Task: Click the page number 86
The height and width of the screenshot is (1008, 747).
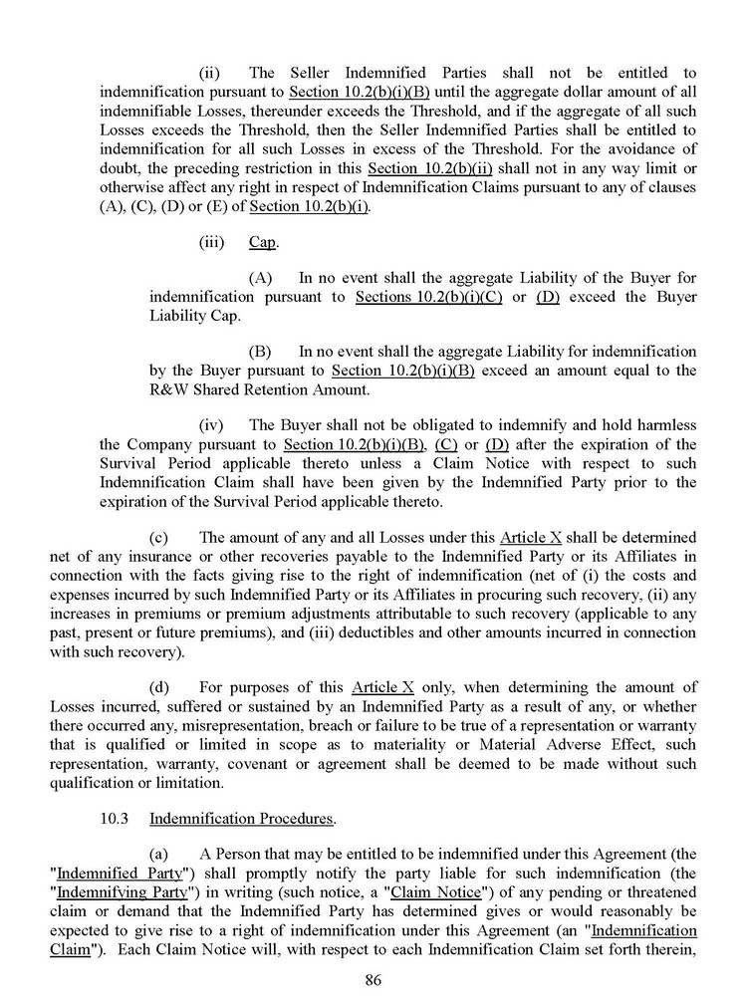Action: click(x=373, y=979)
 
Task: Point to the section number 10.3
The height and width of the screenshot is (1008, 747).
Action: click(x=115, y=819)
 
